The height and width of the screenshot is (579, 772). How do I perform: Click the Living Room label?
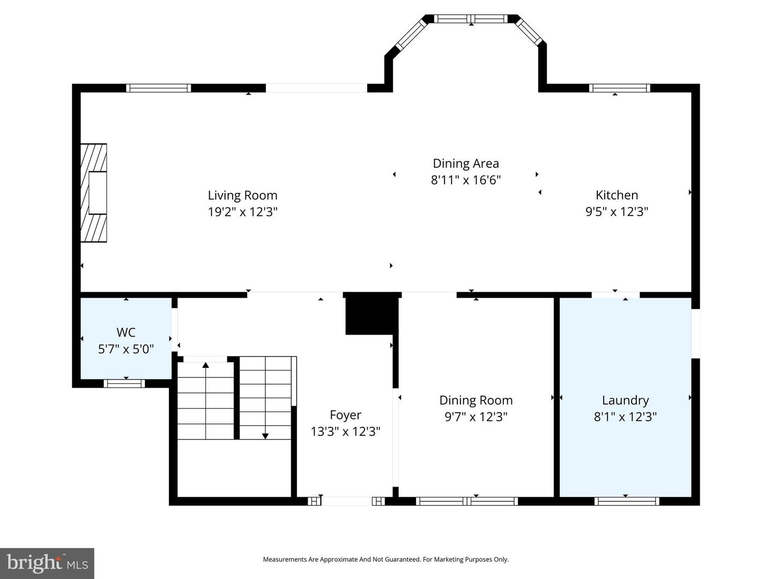pyautogui.click(x=242, y=195)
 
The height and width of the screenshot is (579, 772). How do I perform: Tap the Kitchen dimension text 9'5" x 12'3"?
pyautogui.click(x=617, y=212)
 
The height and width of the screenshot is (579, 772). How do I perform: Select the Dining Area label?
pyautogui.click(x=465, y=164)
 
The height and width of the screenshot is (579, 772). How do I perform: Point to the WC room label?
pyautogui.click(x=126, y=332)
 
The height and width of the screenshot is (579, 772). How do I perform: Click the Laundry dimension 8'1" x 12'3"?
pyautogui.click(x=625, y=417)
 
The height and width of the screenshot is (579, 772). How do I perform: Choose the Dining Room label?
pyautogui.click(x=476, y=400)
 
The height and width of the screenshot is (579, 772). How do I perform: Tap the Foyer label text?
pyautogui.click(x=345, y=415)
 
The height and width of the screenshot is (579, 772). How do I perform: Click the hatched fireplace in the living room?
pyautogui.click(x=94, y=193)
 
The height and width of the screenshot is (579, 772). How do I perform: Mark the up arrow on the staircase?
pyautogui.click(x=206, y=366)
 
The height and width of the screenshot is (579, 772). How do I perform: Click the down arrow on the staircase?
pyautogui.click(x=265, y=435)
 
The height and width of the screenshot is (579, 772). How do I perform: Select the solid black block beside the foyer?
pyautogui.click(x=370, y=314)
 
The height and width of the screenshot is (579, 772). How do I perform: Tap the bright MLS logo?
pyautogui.click(x=47, y=563)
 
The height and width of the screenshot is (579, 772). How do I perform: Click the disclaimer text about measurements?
pyautogui.click(x=385, y=559)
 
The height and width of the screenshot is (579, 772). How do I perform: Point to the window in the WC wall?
pyautogui.click(x=124, y=383)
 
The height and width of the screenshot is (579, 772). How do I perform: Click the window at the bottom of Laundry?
pyautogui.click(x=626, y=501)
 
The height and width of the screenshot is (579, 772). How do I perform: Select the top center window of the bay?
pyautogui.click(x=471, y=19)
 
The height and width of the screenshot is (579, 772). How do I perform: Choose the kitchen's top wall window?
pyautogui.click(x=619, y=88)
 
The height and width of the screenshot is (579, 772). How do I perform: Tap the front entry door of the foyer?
pyautogui.click(x=346, y=501)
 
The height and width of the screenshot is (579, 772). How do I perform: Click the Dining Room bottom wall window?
pyautogui.click(x=466, y=501)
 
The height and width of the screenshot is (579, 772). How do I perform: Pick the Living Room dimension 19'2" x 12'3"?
pyautogui.click(x=242, y=212)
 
